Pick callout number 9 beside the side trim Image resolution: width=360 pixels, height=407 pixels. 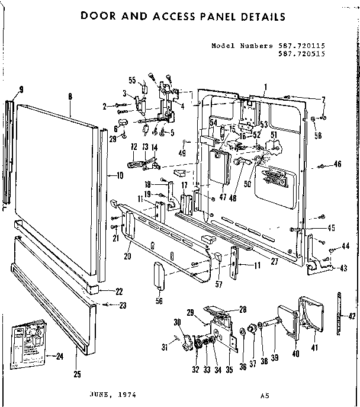coord(21,90)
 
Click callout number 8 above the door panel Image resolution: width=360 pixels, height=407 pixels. coord(70,96)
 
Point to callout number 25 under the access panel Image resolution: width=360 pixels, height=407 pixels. coord(78,374)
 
